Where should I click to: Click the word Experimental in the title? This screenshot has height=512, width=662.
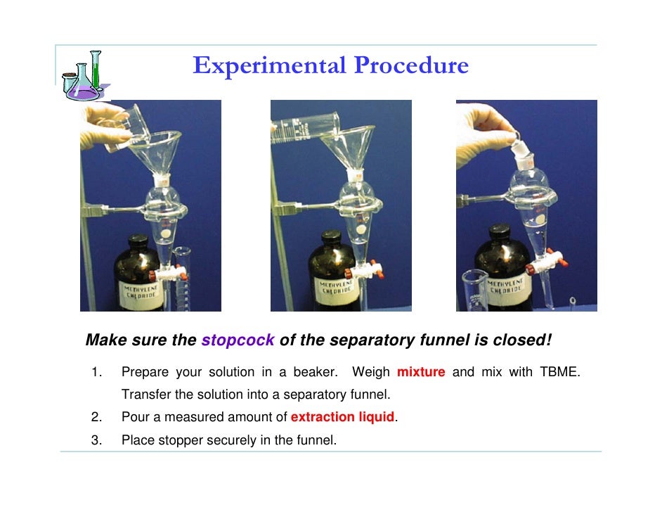[x=269, y=65]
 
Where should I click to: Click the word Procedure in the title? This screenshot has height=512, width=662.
[x=411, y=65]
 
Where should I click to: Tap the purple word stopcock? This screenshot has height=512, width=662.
[x=238, y=340]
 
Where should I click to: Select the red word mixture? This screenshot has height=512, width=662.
[x=421, y=372]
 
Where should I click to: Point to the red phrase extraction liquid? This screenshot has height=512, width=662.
[x=342, y=417]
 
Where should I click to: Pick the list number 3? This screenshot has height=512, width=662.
[x=96, y=440]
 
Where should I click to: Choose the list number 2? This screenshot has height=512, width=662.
[x=96, y=417]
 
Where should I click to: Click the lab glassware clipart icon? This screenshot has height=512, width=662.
[x=86, y=76]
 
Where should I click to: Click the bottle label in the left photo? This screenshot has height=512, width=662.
[x=141, y=295]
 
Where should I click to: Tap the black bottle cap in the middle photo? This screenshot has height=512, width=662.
[x=331, y=236]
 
